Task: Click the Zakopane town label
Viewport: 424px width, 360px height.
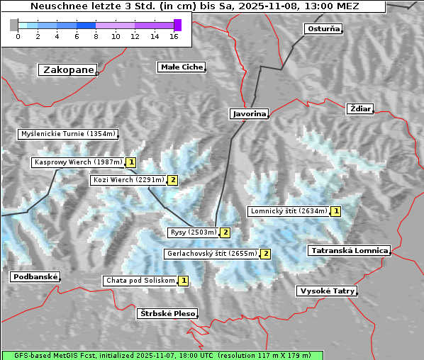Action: point(68,70)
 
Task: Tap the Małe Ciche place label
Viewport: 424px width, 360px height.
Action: point(181,67)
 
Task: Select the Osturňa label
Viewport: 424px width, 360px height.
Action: point(323,29)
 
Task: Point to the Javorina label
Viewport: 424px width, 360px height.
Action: point(249,113)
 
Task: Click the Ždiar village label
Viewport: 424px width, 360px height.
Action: point(359,108)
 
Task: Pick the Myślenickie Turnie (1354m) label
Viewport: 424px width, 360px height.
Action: point(67,134)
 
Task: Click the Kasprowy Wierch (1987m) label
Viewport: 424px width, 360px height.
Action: point(79,162)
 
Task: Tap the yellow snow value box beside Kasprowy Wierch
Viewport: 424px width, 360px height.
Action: point(131,162)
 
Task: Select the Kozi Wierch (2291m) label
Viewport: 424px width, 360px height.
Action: point(128,180)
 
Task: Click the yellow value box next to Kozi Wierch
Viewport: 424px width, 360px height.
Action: point(172,180)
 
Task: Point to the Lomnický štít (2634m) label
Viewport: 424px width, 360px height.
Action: point(289,211)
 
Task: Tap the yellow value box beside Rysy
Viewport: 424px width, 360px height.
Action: point(225,232)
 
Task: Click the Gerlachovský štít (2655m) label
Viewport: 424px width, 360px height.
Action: point(211,254)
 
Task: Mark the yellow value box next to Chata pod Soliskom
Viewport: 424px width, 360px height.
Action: point(184,281)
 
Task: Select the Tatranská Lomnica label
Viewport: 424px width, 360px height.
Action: point(349,251)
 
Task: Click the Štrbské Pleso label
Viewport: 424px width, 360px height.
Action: point(167,313)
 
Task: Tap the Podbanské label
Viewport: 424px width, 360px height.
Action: point(35,277)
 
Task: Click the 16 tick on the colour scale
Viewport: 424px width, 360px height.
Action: point(174,36)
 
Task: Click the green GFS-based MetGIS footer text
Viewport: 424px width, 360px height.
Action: point(162,355)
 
